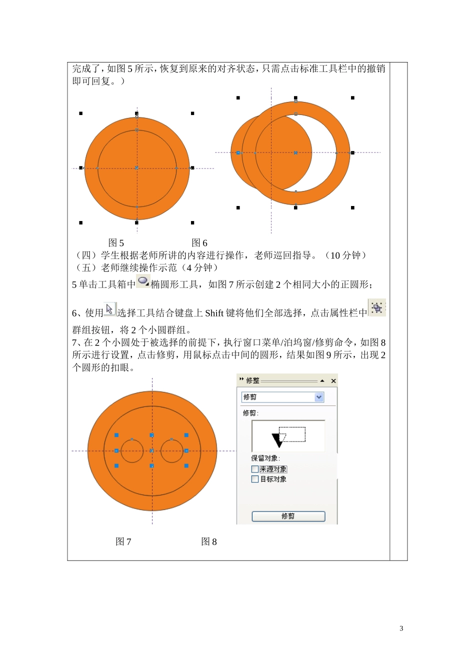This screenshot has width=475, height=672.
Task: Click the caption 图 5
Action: click(116, 242)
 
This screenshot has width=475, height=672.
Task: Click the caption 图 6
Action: click(199, 242)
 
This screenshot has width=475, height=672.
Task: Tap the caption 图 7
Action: click(123, 541)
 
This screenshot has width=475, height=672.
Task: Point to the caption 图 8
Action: click(209, 541)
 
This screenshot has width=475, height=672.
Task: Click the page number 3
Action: click(401, 628)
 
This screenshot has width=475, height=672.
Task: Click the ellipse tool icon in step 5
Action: click(143, 281)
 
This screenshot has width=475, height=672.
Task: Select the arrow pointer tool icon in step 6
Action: click(110, 309)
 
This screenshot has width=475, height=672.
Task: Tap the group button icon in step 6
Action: click(377, 307)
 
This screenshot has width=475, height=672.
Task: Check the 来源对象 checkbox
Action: click(255, 469)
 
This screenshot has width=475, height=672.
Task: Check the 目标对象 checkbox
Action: click(255, 479)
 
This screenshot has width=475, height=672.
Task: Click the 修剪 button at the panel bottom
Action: click(288, 516)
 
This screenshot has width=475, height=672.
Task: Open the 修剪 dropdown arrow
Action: click(319, 397)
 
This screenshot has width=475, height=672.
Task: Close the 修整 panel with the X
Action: click(333, 381)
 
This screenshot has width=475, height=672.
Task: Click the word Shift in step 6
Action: click(214, 313)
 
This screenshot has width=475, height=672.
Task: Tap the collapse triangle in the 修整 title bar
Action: click(322, 380)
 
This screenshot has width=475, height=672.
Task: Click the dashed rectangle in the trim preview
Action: click(292, 427)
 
